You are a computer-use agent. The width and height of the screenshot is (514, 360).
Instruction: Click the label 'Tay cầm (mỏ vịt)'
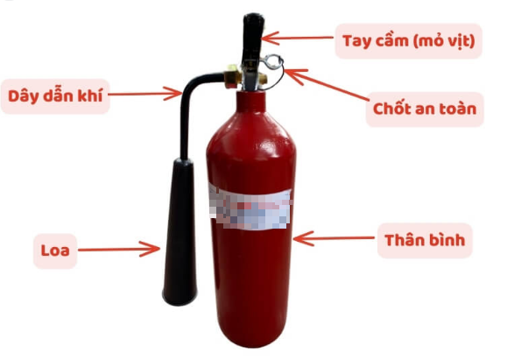[408, 41]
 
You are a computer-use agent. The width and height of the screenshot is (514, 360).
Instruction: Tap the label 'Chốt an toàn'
[425, 109]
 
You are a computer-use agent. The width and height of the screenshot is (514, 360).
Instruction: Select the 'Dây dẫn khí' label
[55, 96]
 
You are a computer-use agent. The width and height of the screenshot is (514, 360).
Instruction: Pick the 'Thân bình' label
[425, 240]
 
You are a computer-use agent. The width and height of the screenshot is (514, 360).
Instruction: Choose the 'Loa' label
[55, 251]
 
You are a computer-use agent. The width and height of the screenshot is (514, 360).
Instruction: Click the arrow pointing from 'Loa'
[119, 249]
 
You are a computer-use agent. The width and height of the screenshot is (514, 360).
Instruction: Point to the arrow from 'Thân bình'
[334, 238]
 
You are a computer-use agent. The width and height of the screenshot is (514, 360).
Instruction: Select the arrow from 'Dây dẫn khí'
[144, 94]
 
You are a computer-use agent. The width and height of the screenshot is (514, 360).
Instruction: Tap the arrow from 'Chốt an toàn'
[327, 85]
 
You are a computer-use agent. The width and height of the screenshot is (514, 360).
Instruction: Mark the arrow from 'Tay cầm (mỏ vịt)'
[298, 38]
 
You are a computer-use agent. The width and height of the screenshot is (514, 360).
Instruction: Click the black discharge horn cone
[180, 232]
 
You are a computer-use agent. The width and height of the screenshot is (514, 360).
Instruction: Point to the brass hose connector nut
[233, 76]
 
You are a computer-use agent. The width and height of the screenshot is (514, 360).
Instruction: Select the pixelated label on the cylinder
[250, 208]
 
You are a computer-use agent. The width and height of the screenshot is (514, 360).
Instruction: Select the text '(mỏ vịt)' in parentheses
[444, 42]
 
